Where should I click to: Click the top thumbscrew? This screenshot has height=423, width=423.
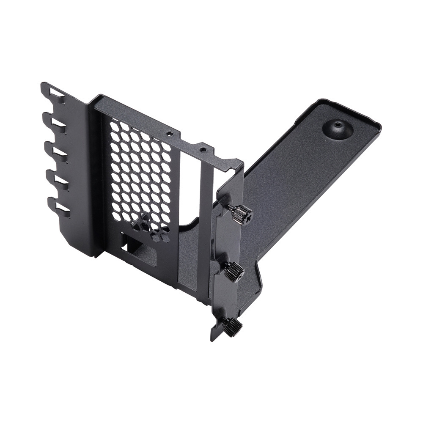point(242,214)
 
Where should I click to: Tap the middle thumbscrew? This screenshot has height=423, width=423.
point(234,271)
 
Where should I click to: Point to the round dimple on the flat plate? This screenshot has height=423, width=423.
point(338,128)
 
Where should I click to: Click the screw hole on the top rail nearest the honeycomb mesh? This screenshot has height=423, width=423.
point(169,133)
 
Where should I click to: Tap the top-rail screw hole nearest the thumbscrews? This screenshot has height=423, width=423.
point(203,150)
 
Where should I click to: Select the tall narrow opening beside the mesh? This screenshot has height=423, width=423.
point(190,186)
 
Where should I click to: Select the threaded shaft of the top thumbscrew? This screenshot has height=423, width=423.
point(231,208)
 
